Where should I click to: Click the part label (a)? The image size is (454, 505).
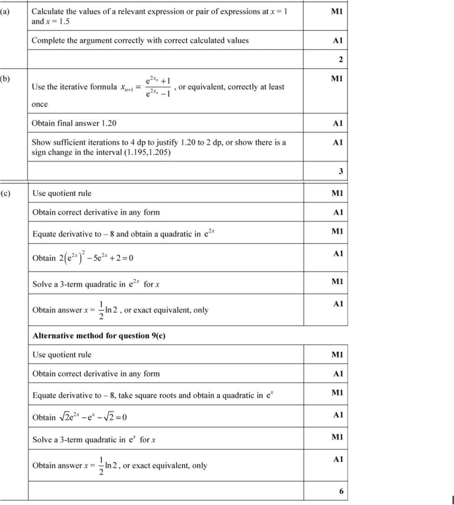[x=5, y=12]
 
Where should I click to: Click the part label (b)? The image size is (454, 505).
[x=5, y=78]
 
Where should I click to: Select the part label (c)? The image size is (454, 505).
[x=5, y=193]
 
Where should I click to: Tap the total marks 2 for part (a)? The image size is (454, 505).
[x=340, y=59]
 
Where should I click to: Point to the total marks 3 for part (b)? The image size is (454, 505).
[x=340, y=171]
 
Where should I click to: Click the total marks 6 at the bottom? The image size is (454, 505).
[x=341, y=491]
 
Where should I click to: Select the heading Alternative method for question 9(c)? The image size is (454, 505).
[x=99, y=335]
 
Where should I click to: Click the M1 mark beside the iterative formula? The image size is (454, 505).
[x=337, y=78]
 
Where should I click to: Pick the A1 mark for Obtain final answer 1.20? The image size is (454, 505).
[x=338, y=123]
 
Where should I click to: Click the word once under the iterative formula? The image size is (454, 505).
[x=40, y=104]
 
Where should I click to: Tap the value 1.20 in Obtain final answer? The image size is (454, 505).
[x=109, y=123]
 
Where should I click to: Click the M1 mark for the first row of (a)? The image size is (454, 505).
[x=337, y=12]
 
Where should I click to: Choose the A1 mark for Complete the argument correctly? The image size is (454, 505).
[x=338, y=40]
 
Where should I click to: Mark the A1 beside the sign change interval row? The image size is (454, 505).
[x=338, y=142]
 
